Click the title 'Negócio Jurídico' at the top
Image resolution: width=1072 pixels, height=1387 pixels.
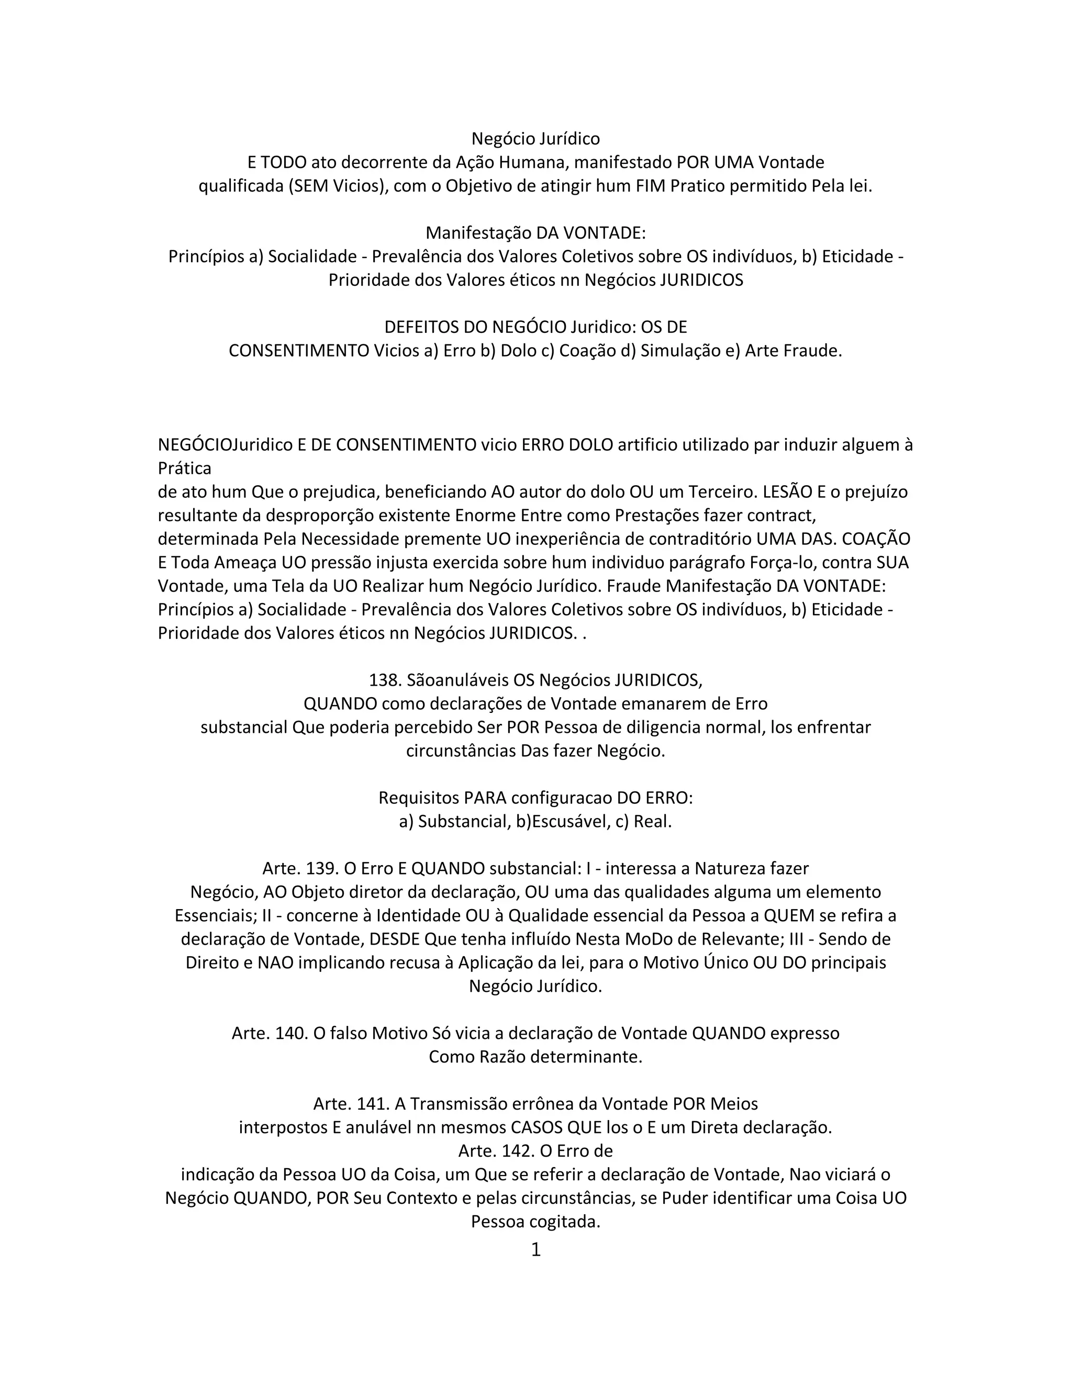coord(535,139)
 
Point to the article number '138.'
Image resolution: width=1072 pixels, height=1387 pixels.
coord(385,680)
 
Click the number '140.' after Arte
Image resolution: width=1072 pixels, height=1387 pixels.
coord(292,1033)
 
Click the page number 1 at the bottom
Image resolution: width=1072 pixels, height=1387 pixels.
coord(535,1250)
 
